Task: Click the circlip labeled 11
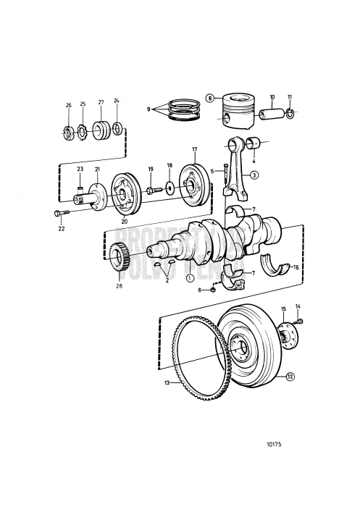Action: pyautogui.click(x=290, y=112)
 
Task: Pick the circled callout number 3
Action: pyautogui.click(x=255, y=175)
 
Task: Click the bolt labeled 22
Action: pyautogui.click(x=58, y=213)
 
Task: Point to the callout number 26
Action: pyautogui.click(x=68, y=105)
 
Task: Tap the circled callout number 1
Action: pyautogui.click(x=190, y=277)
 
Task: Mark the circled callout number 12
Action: pyautogui.click(x=289, y=376)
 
